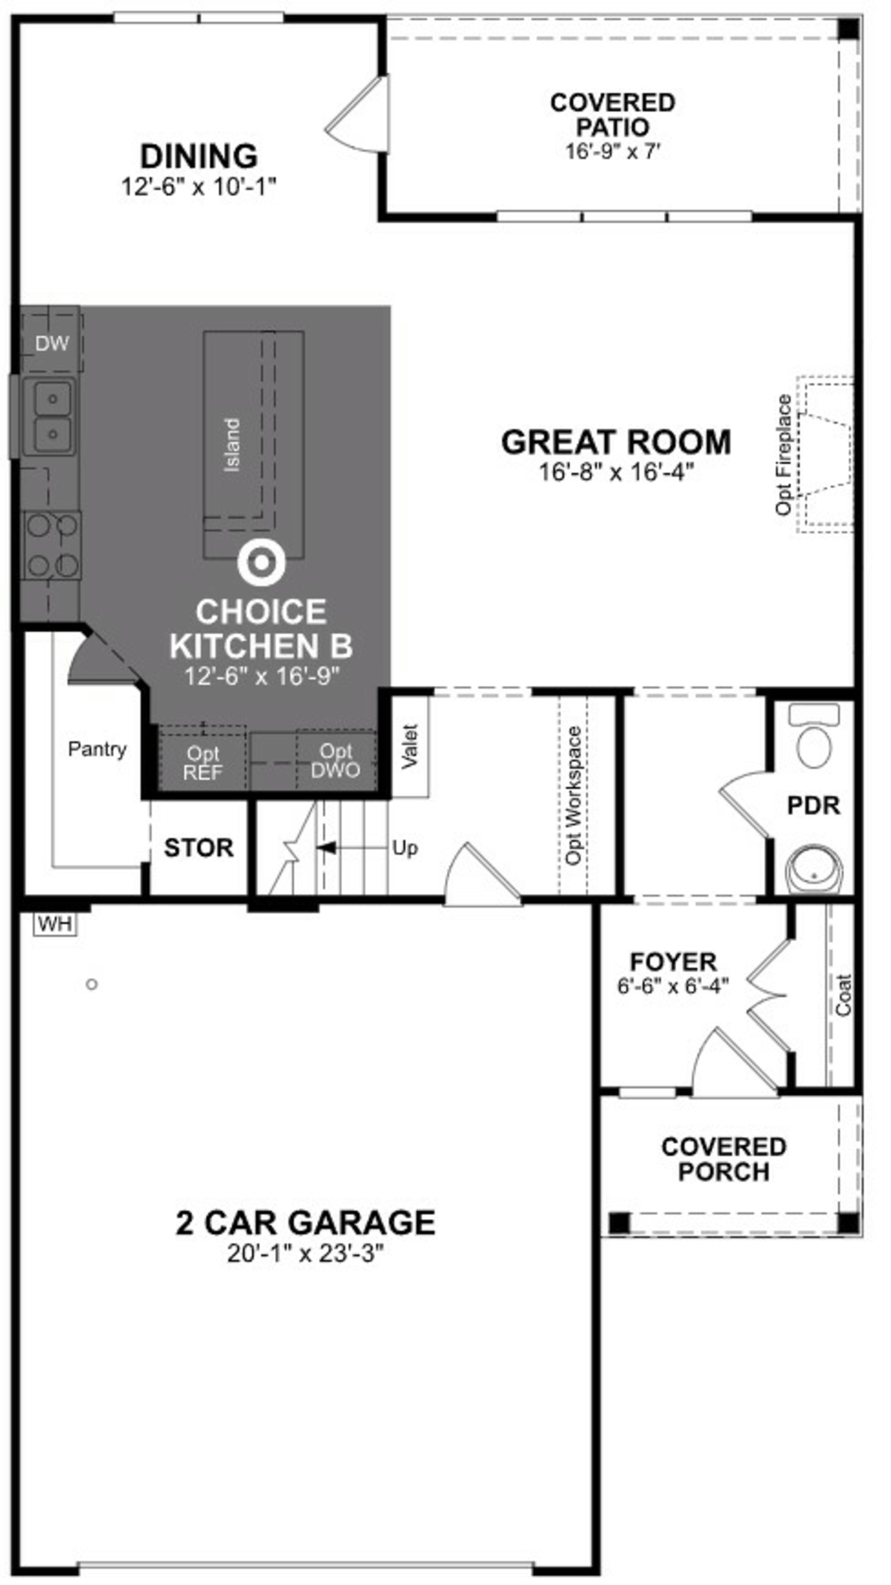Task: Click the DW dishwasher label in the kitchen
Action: click(52, 343)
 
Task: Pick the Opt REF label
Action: click(203, 763)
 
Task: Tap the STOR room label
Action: click(199, 848)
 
